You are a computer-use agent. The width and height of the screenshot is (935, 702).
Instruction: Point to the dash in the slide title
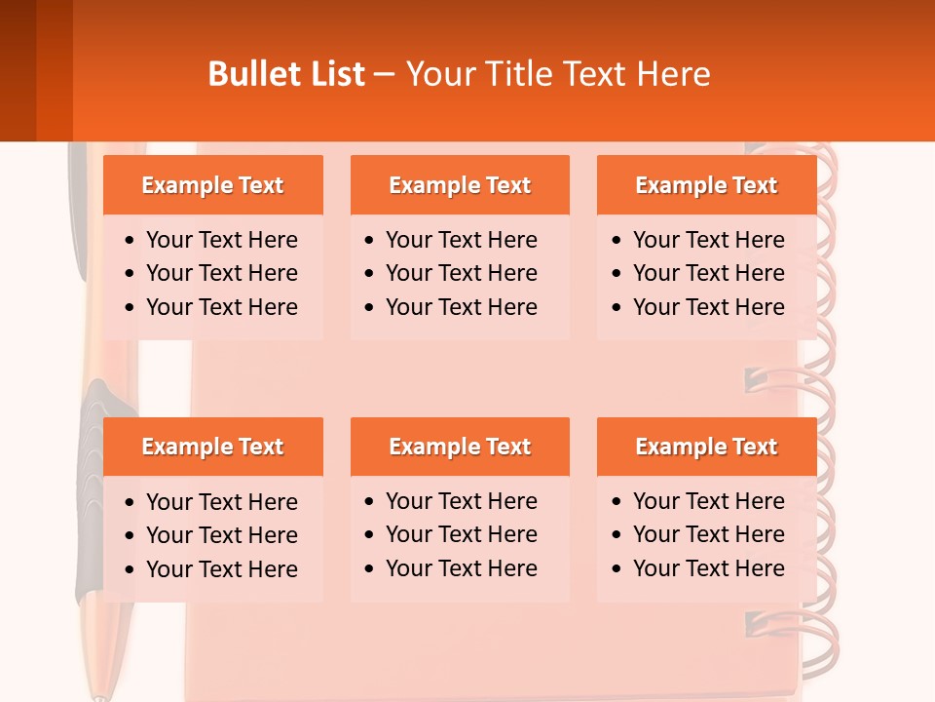click(384, 75)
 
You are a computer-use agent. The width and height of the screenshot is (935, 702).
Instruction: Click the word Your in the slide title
click(439, 74)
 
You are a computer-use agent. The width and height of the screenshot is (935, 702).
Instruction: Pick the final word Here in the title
click(673, 74)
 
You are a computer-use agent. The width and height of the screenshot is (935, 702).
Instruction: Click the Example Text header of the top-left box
click(212, 185)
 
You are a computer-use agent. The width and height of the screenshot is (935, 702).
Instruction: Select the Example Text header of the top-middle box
click(460, 185)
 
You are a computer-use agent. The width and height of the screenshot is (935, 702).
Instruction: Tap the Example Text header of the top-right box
click(706, 185)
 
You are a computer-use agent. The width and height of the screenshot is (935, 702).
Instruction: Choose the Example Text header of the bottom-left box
click(212, 447)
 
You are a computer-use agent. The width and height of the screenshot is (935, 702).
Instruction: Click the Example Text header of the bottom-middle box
click(460, 447)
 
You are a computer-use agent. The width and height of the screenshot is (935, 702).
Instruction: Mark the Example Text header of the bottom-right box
click(706, 447)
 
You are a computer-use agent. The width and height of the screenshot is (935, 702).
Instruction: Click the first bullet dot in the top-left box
click(131, 241)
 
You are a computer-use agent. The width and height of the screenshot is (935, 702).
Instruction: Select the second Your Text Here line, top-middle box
click(461, 273)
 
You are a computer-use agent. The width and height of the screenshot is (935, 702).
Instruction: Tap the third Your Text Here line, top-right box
click(708, 307)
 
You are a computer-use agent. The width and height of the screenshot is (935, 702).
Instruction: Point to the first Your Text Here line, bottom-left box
click(221, 502)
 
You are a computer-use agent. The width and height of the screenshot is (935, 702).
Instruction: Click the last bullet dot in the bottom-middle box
click(369, 569)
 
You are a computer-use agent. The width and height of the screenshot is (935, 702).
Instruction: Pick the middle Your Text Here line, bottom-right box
click(708, 534)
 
